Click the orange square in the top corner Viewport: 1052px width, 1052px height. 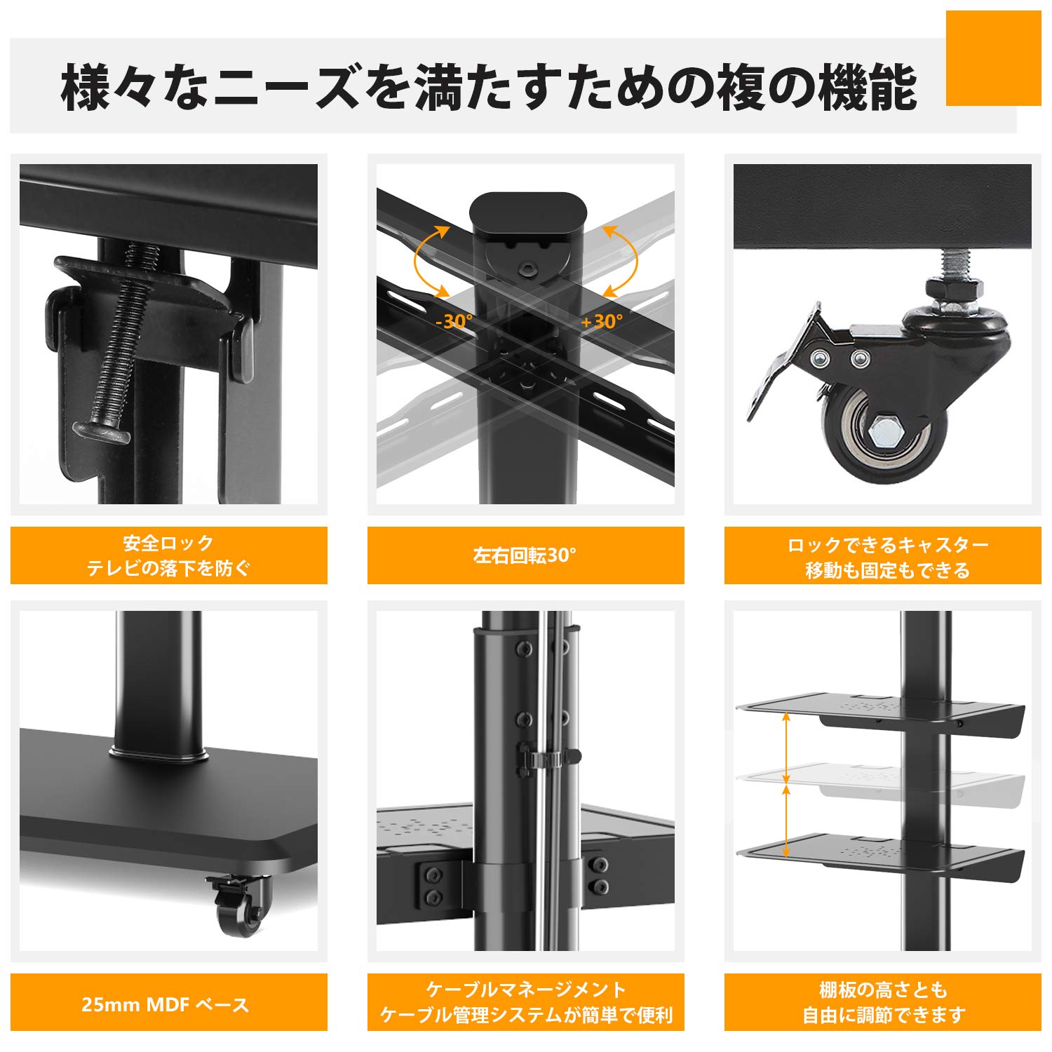pyautogui.click(x=993, y=58)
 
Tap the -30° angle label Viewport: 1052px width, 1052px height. pyautogui.click(x=454, y=321)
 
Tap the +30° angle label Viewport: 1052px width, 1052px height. pyautogui.click(x=602, y=321)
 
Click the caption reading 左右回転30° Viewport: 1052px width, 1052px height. pyautogui.click(x=525, y=555)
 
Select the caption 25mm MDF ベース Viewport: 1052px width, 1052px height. pyautogui.click(x=166, y=1004)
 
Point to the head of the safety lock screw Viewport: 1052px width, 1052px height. pyautogui.click(x=101, y=431)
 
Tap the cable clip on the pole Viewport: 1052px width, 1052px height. pyautogui.click(x=548, y=758)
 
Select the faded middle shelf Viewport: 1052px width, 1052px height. pyautogui.click(x=880, y=778)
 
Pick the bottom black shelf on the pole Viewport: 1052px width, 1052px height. pyautogui.click(x=880, y=852)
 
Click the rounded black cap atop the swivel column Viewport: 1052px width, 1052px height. pyautogui.click(x=527, y=212)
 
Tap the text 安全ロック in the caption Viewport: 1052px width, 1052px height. pyautogui.click(x=168, y=543)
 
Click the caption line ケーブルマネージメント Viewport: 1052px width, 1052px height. pyautogui.click(x=526, y=990)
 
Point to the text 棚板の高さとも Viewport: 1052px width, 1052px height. pyautogui.click(x=883, y=990)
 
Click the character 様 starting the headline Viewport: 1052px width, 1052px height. pyautogui.click(x=86, y=88)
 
